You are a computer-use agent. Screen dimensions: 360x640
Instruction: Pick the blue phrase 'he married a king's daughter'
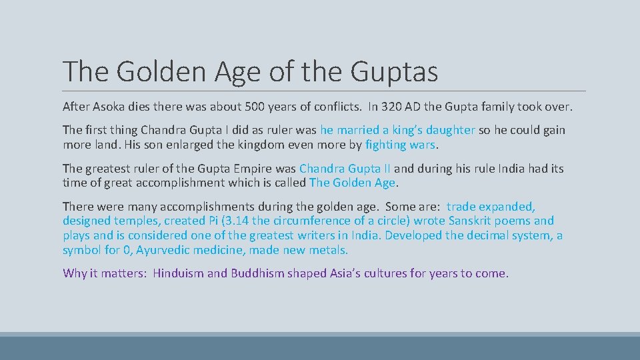coord(397,130)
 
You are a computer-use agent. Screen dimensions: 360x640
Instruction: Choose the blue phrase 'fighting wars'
coord(400,144)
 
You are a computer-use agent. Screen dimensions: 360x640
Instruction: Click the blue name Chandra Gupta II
coord(345,169)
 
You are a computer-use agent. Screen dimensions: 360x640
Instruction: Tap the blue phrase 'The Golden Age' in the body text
coord(353,183)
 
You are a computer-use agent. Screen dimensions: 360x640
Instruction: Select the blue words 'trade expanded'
coord(491,207)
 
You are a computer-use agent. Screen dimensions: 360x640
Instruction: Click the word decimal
coord(481,235)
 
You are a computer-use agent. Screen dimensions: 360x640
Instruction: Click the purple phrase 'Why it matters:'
coord(105,273)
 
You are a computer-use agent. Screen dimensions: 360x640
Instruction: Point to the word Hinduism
coord(179,273)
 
